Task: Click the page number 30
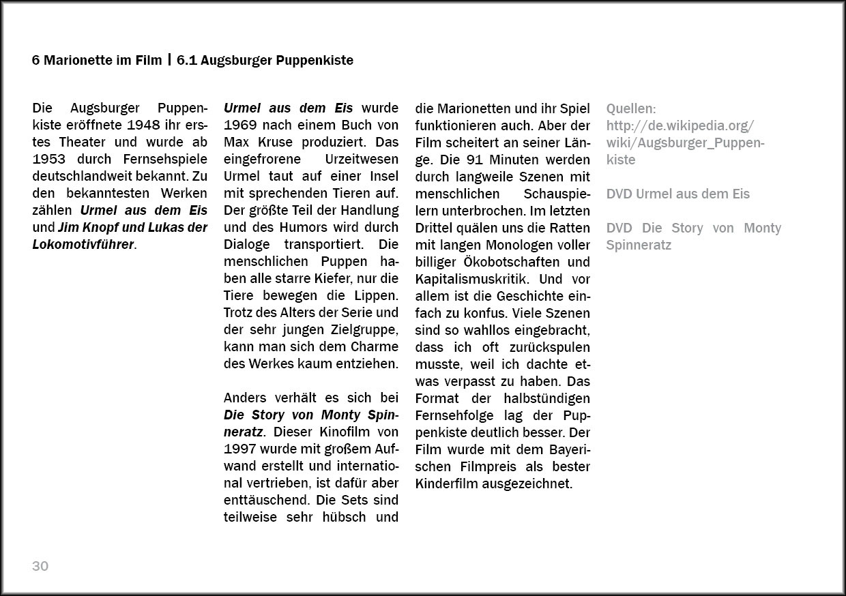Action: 40,566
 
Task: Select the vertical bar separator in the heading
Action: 169,60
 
